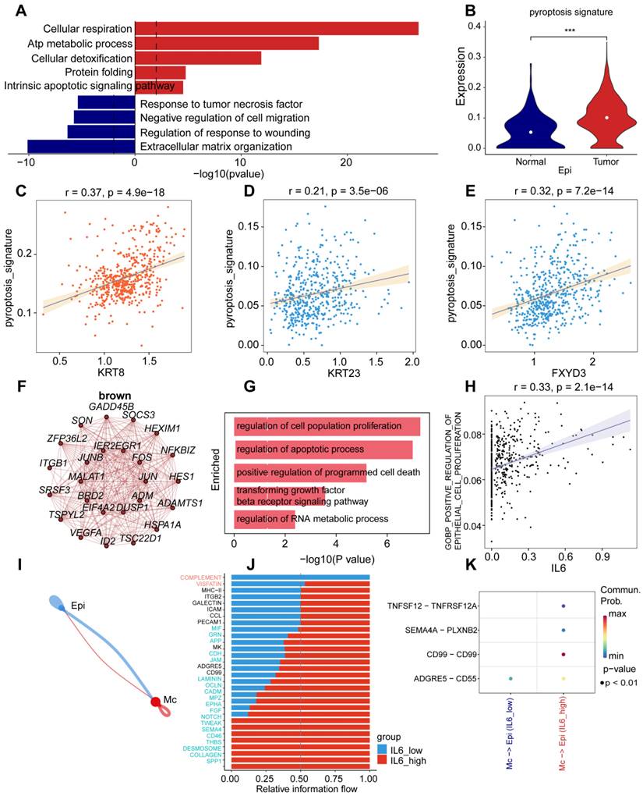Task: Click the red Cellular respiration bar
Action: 276,28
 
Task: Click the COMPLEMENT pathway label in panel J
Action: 202,577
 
